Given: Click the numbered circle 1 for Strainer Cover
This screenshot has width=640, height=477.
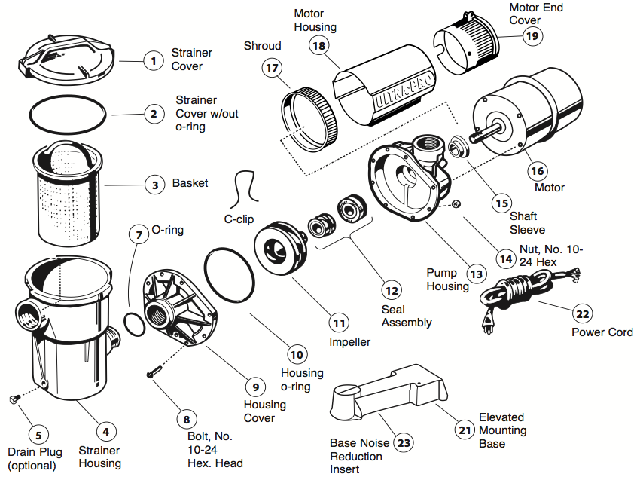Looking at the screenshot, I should [154, 60].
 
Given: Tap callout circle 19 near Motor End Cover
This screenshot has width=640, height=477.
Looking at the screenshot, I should [532, 35].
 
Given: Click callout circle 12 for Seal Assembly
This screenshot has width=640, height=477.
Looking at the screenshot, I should [391, 289].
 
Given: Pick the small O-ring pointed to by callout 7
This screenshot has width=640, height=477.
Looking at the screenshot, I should [134, 323].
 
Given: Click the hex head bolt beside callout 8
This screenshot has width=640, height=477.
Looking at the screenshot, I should [155, 372].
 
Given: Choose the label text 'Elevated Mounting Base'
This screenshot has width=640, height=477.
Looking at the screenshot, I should [502, 430].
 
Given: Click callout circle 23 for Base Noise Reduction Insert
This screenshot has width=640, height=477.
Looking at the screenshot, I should [404, 443].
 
